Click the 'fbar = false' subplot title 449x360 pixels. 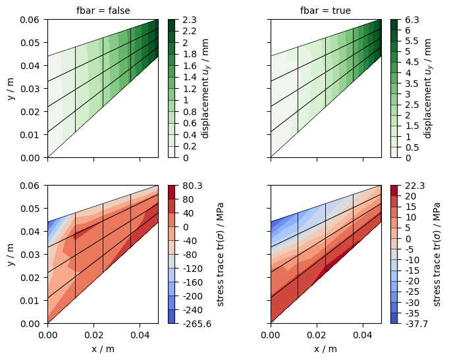click(x=102, y=11)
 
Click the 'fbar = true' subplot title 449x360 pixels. click(x=325, y=11)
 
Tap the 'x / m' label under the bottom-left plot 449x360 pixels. click(x=102, y=349)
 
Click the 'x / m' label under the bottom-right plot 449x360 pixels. click(x=325, y=349)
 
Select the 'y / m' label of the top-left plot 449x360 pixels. click(x=11, y=89)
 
